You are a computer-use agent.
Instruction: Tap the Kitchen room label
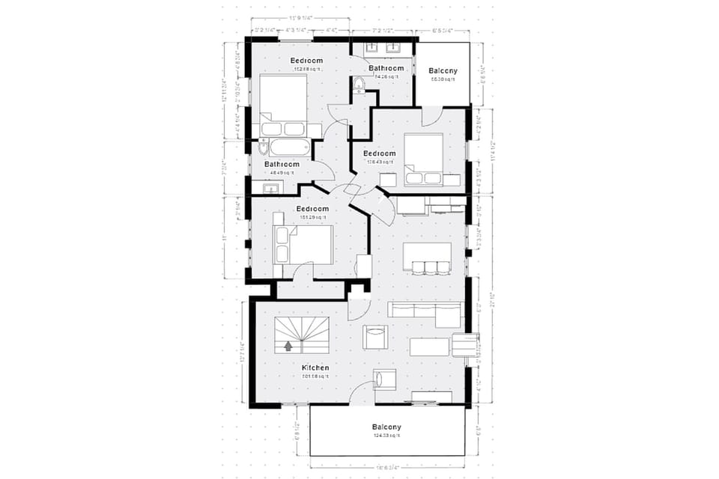point(315,367)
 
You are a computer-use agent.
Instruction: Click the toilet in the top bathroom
point(359,85)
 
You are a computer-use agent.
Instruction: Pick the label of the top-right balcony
point(443,72)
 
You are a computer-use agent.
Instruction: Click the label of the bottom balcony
point(386,427)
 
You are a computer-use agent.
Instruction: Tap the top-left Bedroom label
point(307,60)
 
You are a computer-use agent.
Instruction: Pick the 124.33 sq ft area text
point(386,436)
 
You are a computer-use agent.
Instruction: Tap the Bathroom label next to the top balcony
point(386,68)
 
